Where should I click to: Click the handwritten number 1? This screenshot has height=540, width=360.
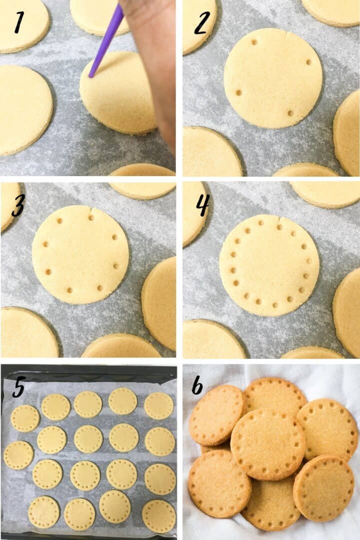19,22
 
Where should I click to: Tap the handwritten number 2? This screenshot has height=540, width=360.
200,23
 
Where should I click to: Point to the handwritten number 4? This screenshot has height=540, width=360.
202,205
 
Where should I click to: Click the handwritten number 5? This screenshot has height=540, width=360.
18,388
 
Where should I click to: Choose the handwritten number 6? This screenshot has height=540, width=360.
197,385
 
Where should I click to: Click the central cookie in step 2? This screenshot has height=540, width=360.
273,77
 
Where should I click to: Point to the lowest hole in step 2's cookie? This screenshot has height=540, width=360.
290,113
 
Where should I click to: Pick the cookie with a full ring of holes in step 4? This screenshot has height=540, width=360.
269,265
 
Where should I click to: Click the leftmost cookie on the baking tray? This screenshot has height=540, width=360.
18,455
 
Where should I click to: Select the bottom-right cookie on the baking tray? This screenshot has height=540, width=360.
159,516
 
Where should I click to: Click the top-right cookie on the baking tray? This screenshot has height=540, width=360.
159,405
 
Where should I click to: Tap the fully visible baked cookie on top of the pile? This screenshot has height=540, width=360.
267,444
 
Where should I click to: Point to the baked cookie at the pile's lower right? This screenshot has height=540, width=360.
323,487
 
